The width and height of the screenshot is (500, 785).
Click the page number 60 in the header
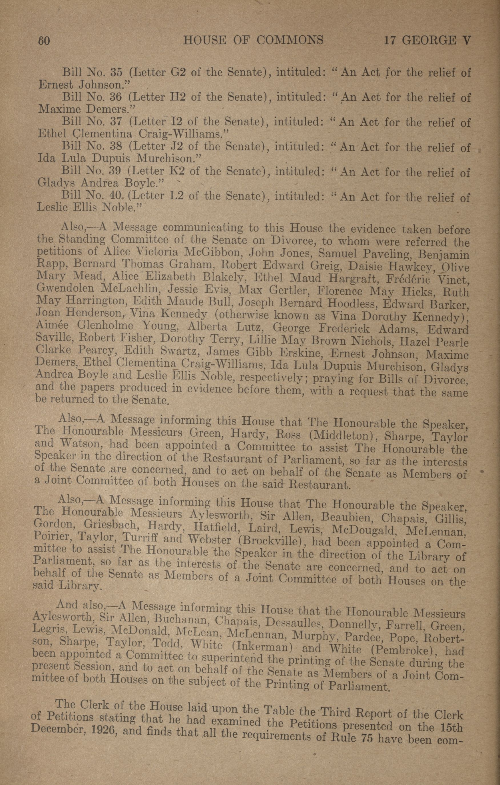[44, 40]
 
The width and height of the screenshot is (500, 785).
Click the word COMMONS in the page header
[290, 40]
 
